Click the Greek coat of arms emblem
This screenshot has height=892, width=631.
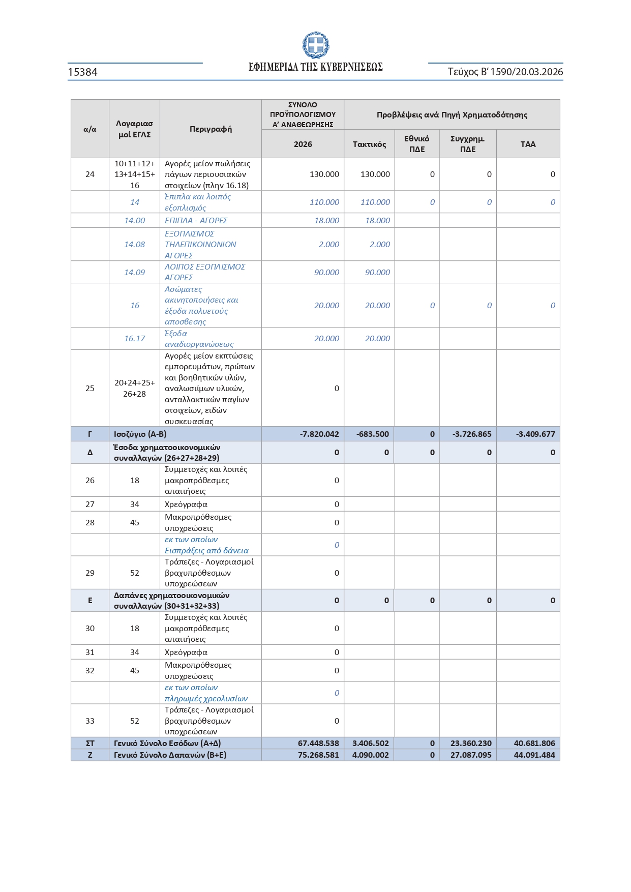pos(315,45)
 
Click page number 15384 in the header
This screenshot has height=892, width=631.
pos(83,72)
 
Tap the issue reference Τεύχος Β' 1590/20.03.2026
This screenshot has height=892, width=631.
pos(505,72)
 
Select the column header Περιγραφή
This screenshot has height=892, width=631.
pos(211,129)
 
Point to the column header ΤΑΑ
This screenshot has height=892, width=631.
pos(528,144)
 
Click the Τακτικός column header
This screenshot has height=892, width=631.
pos(369,144)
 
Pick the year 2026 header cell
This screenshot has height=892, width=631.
pos(303,144)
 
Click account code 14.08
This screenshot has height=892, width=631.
pos(134,245)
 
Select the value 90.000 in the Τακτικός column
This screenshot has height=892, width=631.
pos(377,273)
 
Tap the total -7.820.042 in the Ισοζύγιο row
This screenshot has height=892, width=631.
pos(319,434)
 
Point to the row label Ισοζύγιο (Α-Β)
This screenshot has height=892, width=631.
pos(140,434)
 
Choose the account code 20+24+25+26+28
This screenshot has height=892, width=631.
pos(134,389)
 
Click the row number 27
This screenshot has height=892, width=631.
pos(90,504)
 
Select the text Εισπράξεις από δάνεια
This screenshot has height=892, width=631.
pos(206,551)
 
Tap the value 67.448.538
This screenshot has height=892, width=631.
pos(318,744)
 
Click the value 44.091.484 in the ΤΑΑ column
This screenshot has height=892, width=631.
pos(534,755)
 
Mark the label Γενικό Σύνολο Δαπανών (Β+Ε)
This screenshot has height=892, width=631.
pos(170,755)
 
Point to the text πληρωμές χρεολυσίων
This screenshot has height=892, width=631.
pos(206,699)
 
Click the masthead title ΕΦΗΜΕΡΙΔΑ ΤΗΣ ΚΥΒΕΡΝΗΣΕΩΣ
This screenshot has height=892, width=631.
pos(315,67)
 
